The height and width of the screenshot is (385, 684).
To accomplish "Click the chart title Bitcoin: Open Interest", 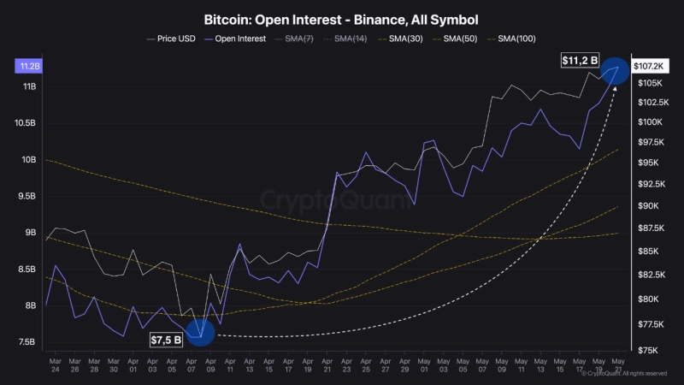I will click(340, 18).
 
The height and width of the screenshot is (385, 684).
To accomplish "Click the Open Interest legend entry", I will click(236, 38).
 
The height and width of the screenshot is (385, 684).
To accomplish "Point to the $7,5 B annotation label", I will click(166, 340).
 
